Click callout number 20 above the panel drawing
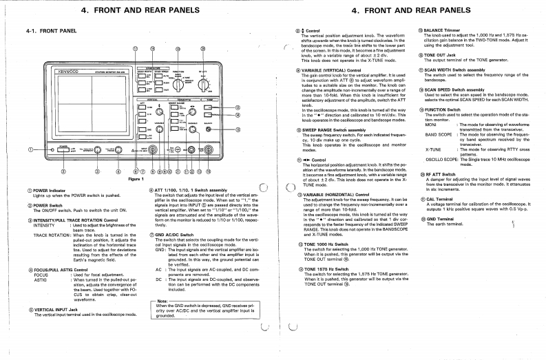point(202,50)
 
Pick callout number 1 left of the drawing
point(30,149)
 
